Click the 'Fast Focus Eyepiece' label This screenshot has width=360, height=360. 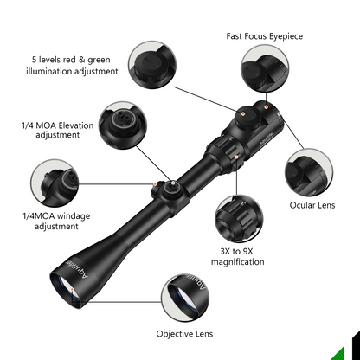265,37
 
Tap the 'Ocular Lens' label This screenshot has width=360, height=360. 313,205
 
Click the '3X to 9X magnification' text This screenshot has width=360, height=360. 236,255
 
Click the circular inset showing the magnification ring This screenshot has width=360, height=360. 238,217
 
